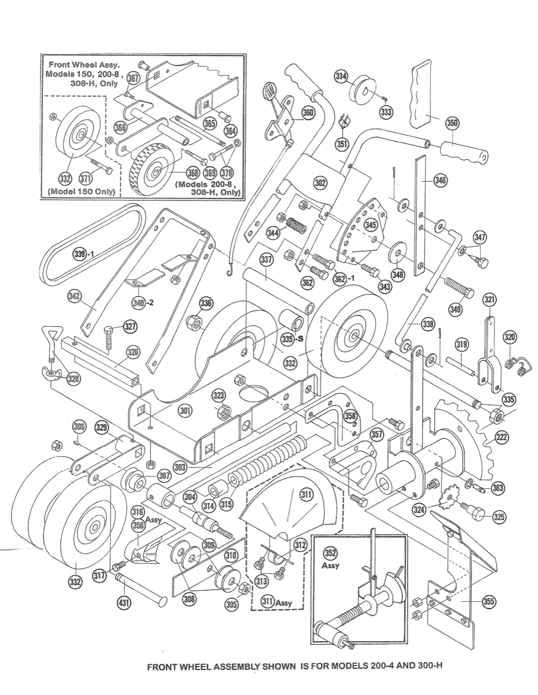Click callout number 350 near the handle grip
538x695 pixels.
pyautogui.click(x=452, y=123)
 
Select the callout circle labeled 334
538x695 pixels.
pyautogui.click(x=341, y=76)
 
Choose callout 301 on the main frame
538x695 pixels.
pyautogui.click(x=185, y=411)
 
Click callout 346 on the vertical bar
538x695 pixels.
pyautogui.click(x=441, y=181)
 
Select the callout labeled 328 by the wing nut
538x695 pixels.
pyautogui.click(x=73, y=378)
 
